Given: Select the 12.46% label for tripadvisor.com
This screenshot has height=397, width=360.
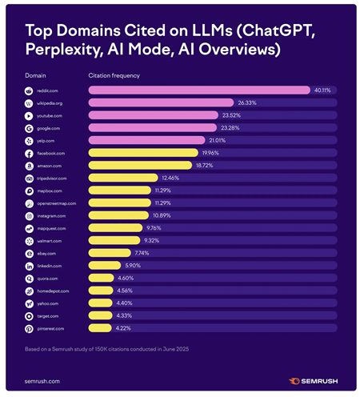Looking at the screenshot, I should pyautogui.click(x=170, y=178).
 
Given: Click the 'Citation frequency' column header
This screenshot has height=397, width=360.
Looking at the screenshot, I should pyautogui.click(x=113, y=75).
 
